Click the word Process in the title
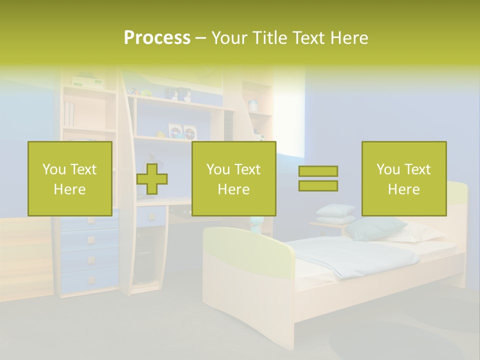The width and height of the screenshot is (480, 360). pos(157,38)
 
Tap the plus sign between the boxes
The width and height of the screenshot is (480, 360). pos(152,179)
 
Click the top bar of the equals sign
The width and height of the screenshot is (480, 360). pos(318,171)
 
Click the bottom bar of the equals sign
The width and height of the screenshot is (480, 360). pos(318,186)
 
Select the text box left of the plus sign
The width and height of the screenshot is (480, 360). pos(70,178)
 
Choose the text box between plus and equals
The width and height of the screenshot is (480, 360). pos(234,178)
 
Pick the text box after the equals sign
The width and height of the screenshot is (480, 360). pos(403,178)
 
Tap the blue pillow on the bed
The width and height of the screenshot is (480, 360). pos(375,228)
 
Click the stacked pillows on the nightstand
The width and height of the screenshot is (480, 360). pos(334,214)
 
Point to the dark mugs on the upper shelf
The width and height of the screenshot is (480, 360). pos(177,94)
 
